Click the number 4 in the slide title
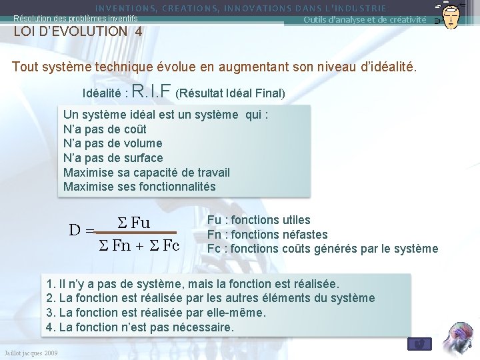click(137, 31)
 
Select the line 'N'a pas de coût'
click(105, 129)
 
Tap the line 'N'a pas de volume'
click(113, 143)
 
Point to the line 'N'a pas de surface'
click(113, 158)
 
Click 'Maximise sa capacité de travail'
click(146, 173)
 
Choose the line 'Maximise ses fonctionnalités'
click(139, 187)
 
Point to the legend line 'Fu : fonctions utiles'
click(259, 220)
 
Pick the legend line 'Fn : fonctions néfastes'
click(267, 234)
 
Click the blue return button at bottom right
click(419, 343)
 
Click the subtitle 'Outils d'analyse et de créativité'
click(365, 19)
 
